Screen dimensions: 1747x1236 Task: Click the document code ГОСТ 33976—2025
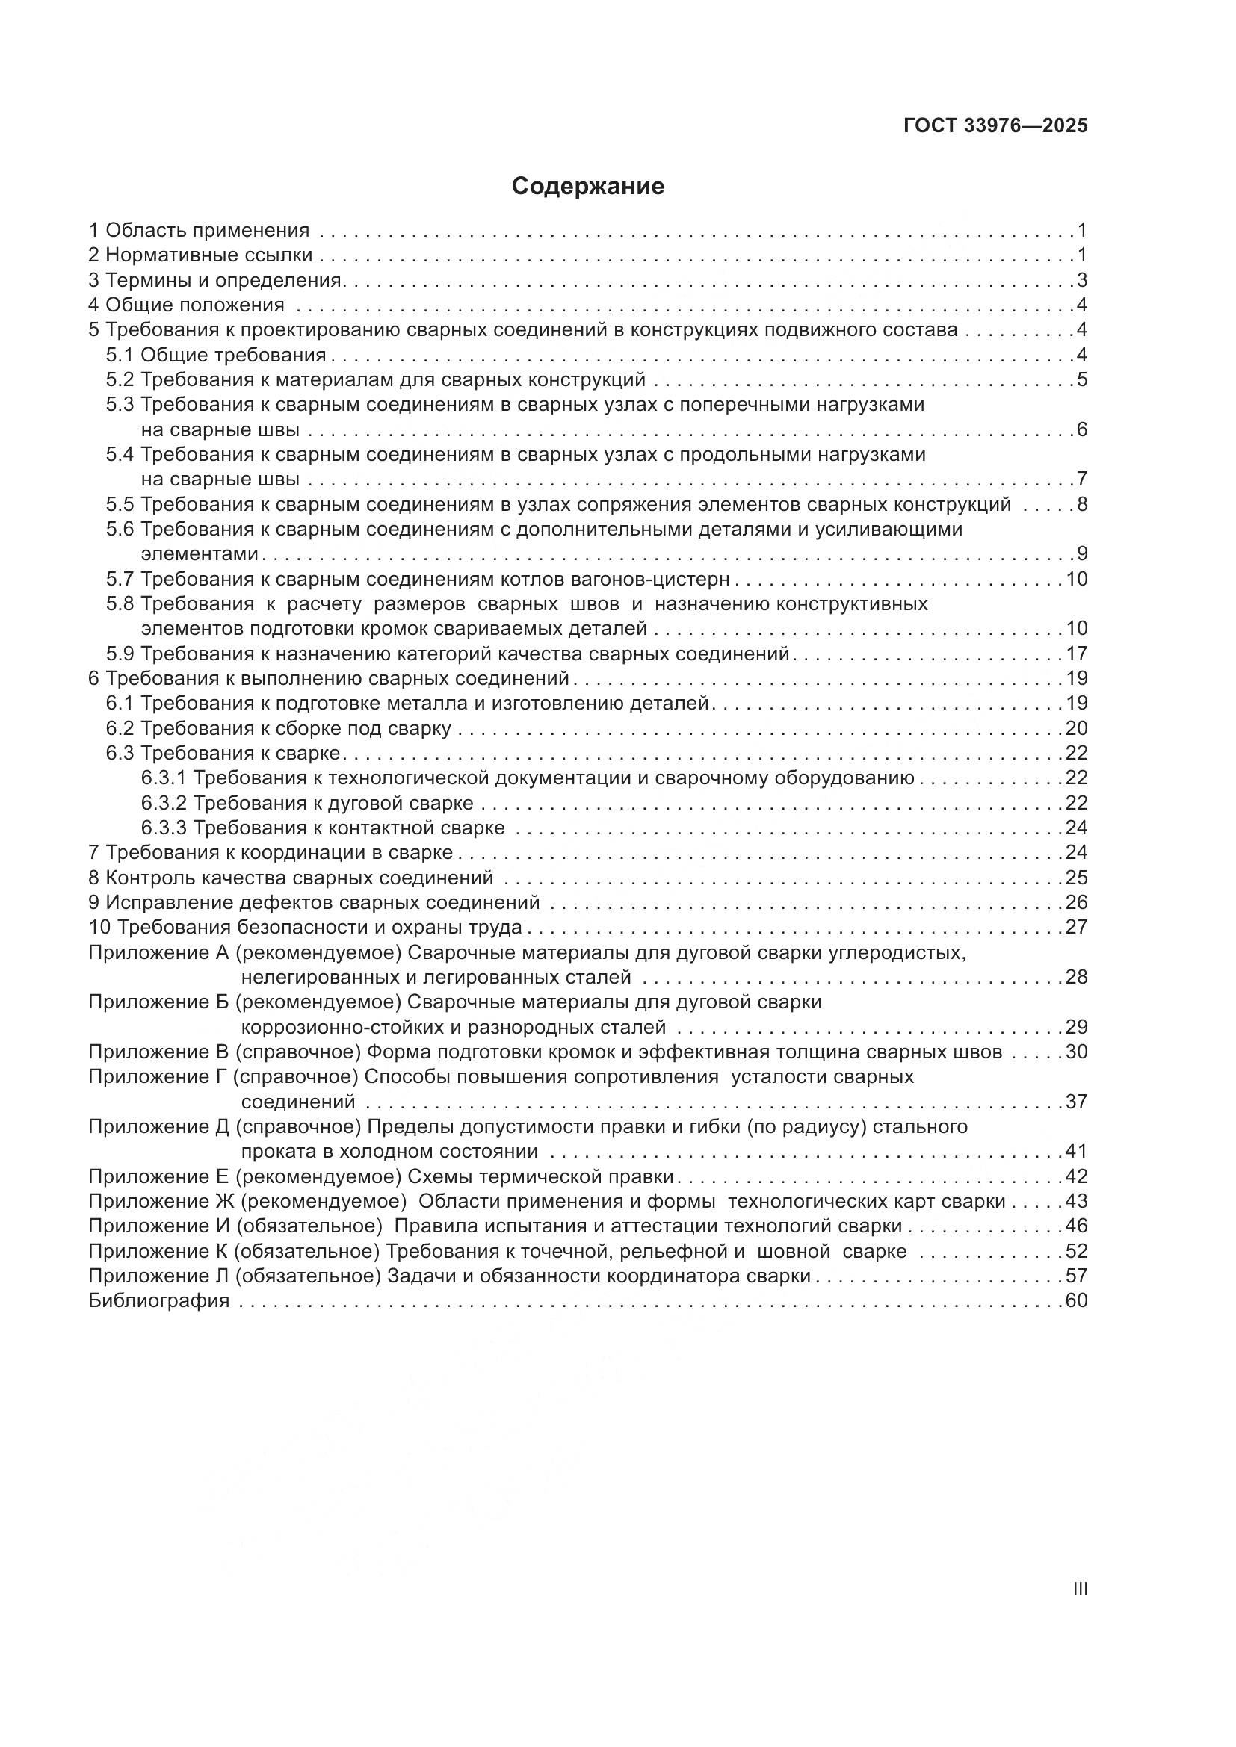pos(995,126)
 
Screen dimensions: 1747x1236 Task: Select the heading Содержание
pos(587,187)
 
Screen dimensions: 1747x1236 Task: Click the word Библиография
pos(159,1300)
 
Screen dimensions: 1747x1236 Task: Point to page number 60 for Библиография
pos(1076,1300)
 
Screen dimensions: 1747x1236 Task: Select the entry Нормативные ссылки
pos(208,255)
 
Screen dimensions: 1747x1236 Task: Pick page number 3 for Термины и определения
pos(1081,280)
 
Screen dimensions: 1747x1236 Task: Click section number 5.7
pos(120,579)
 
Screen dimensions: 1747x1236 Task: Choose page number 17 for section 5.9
pos(1076,654)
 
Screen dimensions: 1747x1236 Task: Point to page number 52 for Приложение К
pos(1076,1252)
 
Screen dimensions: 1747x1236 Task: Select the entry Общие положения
pos(195,305)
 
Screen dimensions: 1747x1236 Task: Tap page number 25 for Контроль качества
pos(1076,878)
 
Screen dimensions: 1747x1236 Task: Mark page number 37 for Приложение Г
pos(1076,1102)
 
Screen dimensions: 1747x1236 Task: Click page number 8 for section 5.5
pos(1081,504)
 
